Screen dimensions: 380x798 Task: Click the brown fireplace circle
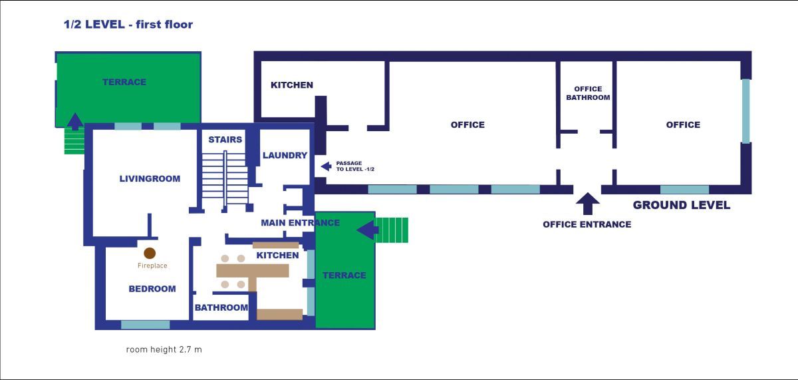point(150,253)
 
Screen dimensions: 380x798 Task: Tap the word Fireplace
point(152,266)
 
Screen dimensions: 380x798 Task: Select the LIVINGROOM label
point(150,178)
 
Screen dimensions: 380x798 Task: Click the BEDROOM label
point(152,289)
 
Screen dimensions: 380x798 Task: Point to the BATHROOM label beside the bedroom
point(221,307)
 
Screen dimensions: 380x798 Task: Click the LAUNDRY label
point(285,156)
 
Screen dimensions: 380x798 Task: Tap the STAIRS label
point(225,140)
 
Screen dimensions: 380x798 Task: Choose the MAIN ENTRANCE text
point(300,223)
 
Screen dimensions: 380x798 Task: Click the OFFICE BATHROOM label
point(588,93)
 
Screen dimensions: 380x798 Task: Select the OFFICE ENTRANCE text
point(587,224)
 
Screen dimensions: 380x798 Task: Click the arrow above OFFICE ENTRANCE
point(587,202)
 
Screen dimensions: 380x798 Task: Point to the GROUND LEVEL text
point(681,205)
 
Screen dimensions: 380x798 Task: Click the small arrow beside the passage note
point(326,166)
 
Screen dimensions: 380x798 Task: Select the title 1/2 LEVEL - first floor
point(128,25)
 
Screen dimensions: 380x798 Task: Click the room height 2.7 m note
point(164,349)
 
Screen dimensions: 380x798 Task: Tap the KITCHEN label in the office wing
point(291,85)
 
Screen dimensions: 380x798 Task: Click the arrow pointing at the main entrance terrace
point(367,230)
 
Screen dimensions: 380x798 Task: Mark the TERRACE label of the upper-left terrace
point(124,82)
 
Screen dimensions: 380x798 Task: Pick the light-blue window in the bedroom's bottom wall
point(145,325)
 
